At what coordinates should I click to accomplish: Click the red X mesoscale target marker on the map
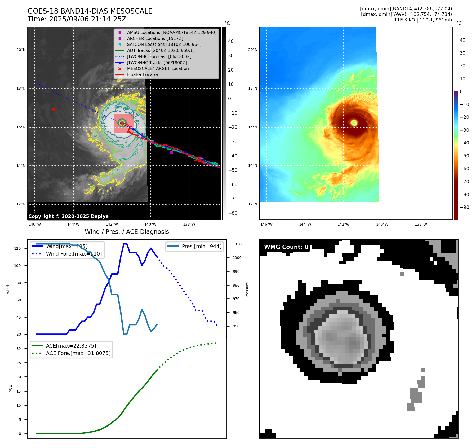53,109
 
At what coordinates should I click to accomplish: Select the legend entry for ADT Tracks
161,50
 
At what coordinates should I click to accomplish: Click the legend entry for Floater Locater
143,74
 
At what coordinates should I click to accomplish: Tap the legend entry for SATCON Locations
164,44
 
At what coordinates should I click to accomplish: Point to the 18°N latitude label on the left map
21,88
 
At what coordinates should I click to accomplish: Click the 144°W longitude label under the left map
73,224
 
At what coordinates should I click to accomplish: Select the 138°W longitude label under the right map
421,224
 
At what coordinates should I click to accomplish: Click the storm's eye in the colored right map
354,122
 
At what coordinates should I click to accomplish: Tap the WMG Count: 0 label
286,247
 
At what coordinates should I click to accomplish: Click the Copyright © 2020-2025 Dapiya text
68,216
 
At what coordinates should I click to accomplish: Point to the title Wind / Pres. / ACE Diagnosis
127,232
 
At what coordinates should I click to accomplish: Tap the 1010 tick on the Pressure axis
237,244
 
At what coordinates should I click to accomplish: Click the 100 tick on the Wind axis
17,266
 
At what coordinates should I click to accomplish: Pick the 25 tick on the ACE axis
19,363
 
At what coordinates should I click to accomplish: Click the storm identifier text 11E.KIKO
404,20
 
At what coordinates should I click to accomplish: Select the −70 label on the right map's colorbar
464,182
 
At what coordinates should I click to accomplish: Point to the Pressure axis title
247,289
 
